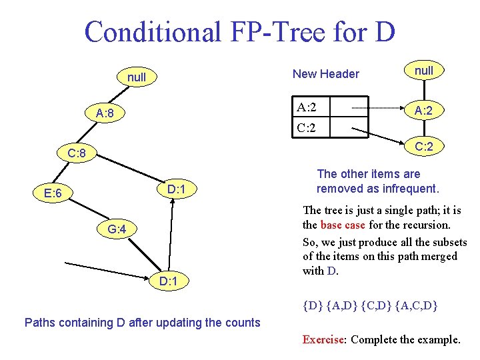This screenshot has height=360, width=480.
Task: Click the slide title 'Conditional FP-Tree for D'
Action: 239,31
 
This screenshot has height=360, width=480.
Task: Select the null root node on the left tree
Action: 136,77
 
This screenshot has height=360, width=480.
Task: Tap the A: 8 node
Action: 105,113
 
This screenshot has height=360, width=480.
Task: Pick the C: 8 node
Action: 77,154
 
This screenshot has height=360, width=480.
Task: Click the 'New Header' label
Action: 326,74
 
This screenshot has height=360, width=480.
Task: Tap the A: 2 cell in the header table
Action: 307,107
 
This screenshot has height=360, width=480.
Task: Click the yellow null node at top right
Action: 423,71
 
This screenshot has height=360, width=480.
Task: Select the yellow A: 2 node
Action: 423,111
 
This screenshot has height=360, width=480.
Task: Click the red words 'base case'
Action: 342,225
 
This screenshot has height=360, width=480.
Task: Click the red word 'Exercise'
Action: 323,339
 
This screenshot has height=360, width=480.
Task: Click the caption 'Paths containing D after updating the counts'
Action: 142,323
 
